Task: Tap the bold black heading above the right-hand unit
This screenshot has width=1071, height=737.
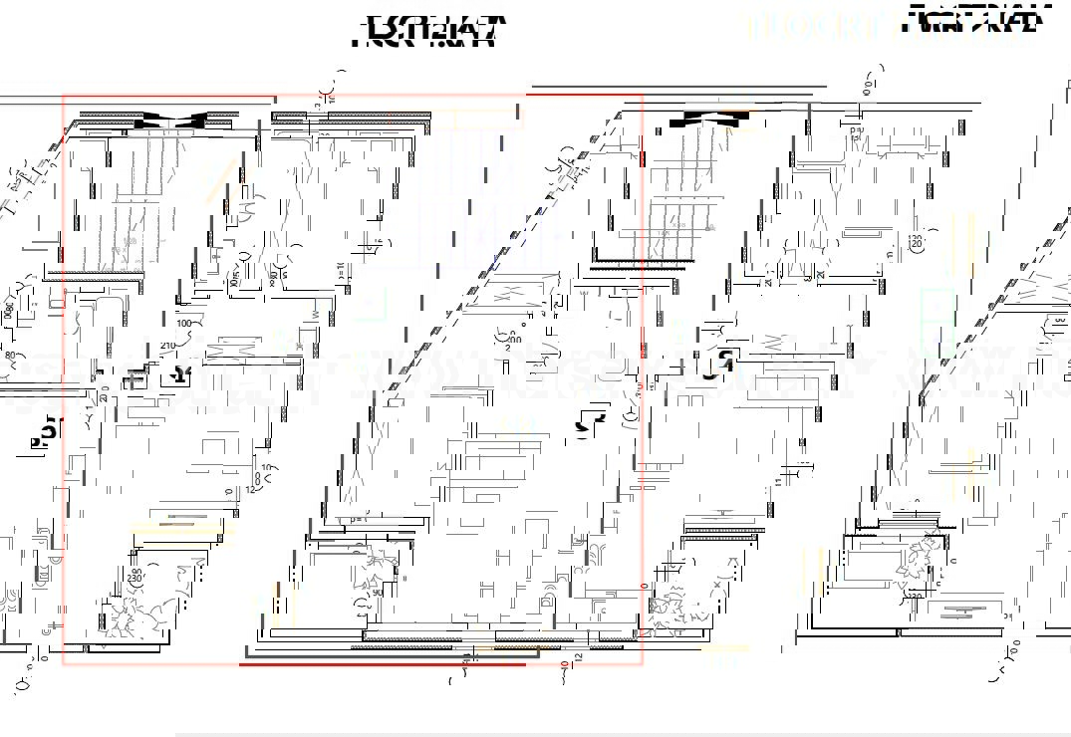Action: tap(977, 21)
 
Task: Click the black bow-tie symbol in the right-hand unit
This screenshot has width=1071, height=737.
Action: tap(709, 119)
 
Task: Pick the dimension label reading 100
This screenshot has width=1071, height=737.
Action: tap(184, 324)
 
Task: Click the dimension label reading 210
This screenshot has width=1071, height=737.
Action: tap(168, 346)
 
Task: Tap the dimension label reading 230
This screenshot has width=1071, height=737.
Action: tap(134, 578)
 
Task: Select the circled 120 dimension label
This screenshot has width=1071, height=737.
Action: tap(916, 240)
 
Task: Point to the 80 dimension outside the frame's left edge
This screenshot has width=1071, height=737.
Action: tap(11, 355)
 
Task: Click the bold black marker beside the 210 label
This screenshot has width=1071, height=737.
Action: tap(179, 374)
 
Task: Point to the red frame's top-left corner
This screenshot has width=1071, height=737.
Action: tap(64, 97)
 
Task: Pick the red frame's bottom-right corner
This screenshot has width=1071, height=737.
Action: tap(642, 664)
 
